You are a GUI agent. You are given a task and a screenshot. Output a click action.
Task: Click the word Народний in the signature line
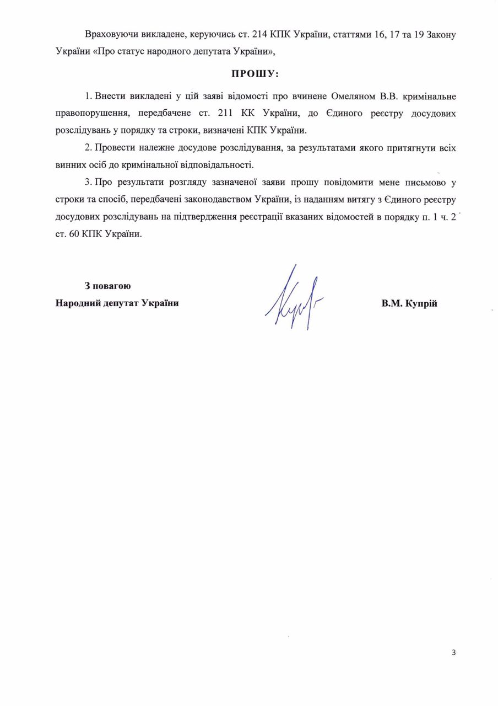[75, 303]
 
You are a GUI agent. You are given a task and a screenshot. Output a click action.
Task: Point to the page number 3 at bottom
[453, 653]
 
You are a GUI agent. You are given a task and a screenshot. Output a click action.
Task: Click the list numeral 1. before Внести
[89, 96]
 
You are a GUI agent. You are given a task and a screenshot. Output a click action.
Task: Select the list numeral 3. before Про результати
[89, 182]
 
